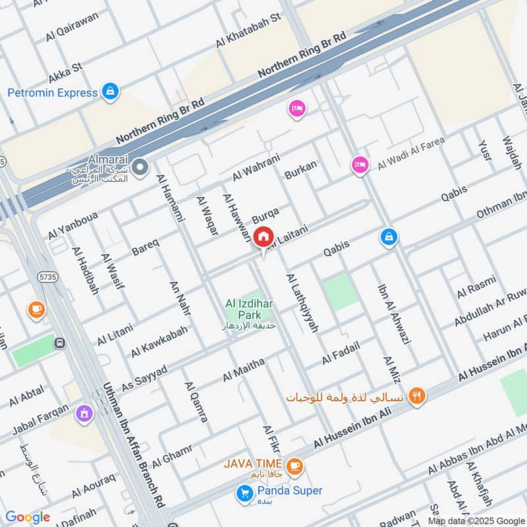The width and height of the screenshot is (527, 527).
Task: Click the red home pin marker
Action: (x=263, y=236)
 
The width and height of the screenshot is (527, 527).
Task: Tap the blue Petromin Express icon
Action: (x=111, y=92)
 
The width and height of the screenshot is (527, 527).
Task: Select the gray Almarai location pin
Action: (x=139, y=168)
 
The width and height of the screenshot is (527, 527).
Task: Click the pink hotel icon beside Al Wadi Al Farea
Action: (x=359, y=165)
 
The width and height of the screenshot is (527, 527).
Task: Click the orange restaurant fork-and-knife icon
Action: (x=416, y=396)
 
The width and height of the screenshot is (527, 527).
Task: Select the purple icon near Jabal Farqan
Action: (x=83, y=413)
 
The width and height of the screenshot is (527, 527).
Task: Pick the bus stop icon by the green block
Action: (x=60, y=343)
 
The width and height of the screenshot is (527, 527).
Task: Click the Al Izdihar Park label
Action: (x=248, y=310)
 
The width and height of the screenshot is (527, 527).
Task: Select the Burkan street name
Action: (x=301, y=170)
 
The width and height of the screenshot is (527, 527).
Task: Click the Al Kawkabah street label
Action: (x=159, y=341)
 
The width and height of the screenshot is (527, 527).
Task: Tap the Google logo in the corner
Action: (x=28, y=517)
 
